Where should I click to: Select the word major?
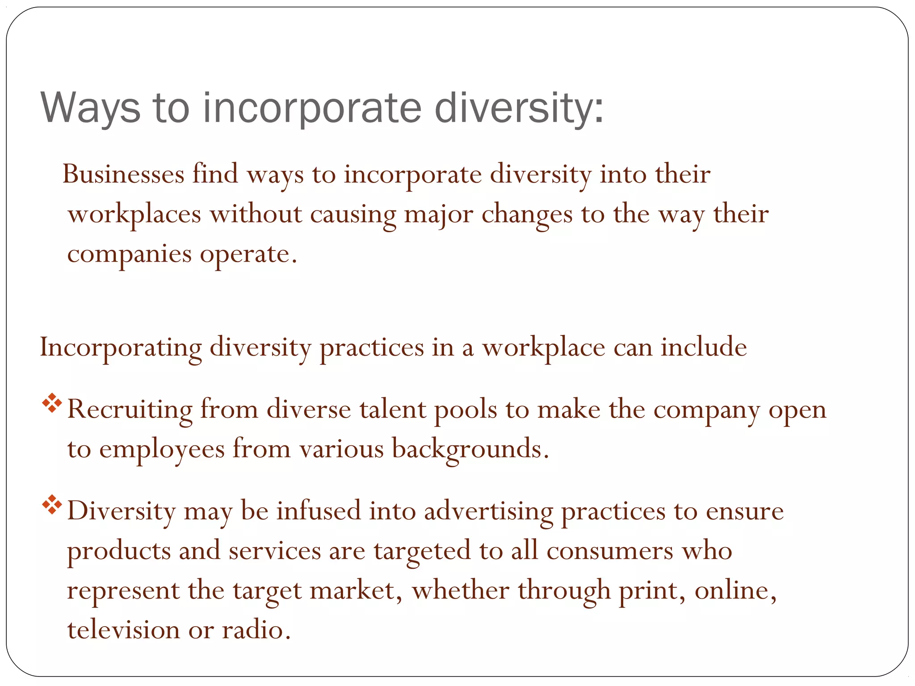pos(438,214)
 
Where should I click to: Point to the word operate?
pos(248,255)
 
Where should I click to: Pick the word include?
pos(704,347)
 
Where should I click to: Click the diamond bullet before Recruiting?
pos(52,403)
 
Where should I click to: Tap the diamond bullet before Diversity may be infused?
pos(52,504)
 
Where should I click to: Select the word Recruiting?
pos(130,410)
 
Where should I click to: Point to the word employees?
pos(162,449)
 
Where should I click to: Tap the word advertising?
pos(488,511)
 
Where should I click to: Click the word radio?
pos(256,630)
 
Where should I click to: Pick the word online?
pos(735,590)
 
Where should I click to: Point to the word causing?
pos(353,214)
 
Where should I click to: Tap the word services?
pos(275,551)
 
